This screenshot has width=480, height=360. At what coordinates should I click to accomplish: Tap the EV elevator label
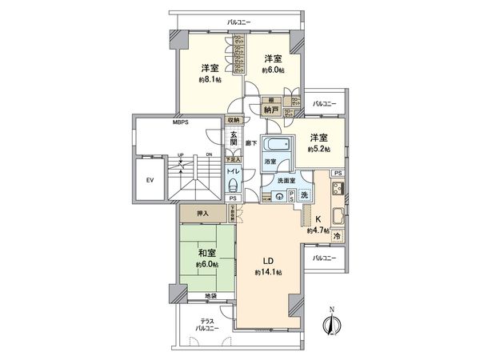[x=149, y=181]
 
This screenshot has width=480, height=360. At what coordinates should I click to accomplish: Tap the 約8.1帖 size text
[x=210, y=80]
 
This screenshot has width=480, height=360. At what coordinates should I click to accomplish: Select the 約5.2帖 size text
[x=318, y=149]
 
